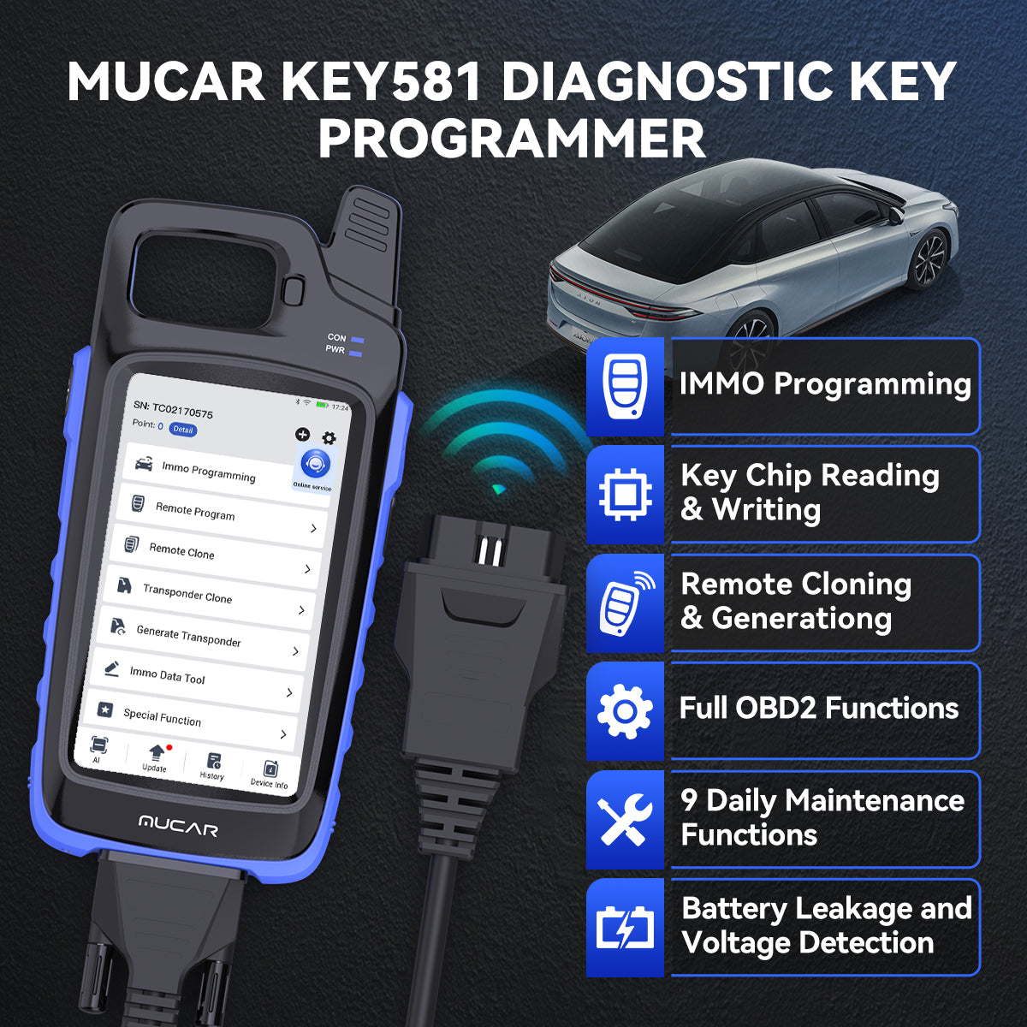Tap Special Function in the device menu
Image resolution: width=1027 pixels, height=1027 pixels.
(x=162, y=717)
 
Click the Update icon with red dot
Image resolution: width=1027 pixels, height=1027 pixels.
(x=156, y=755)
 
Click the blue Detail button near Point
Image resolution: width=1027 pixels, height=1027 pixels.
(x=182, y=430)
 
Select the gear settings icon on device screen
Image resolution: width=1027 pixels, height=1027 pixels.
(x=329, y=438)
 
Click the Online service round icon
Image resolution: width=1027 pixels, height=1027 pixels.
(x=314, y=465)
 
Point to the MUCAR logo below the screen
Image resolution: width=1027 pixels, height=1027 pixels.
(x=178, y=826)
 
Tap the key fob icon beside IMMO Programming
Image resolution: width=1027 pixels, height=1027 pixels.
(x=625, y=386)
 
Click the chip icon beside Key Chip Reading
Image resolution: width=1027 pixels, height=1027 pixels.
(x=625, y=494)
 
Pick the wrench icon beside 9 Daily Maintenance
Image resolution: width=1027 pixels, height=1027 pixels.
(x=625, y=819)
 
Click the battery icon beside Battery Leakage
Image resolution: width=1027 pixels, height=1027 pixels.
(x=625, y=928)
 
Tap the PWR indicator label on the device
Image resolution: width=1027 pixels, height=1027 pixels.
(x=335, y=350)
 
